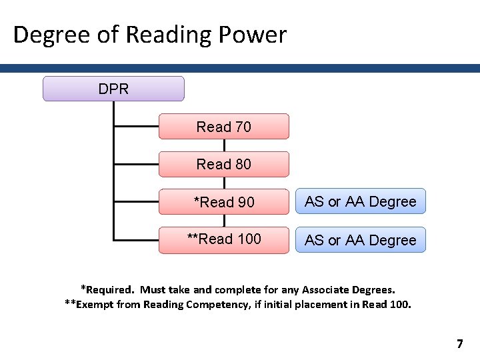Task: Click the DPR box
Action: (x=113, y=89)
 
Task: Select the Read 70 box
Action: (x=224, y=127)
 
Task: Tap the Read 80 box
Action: (x=224, y=164)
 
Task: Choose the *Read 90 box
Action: (x=224, y=201)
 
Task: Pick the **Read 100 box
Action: (x=224, y=239)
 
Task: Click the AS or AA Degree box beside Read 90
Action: (x=360, y=201)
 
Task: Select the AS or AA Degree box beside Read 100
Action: (x=360, y=240)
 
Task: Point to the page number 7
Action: (x=459, y=344)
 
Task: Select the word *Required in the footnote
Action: (x=107, y=290)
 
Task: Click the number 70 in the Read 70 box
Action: (x=243, y=127)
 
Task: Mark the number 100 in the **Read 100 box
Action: (x=249, y=239)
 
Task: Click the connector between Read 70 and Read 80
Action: (x=224, y=145)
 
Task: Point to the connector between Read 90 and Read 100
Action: (x=224, y=221)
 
